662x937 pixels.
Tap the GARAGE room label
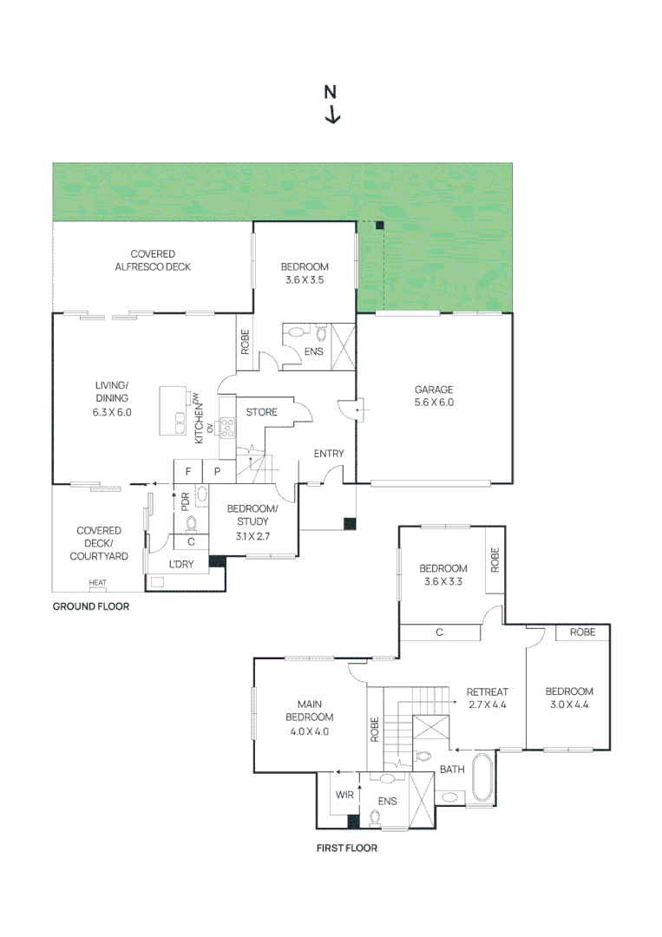point(434,390)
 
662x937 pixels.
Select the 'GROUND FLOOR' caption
point(91,606)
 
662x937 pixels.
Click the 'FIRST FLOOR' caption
point(346,848)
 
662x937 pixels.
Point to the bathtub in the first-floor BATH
point(482,776)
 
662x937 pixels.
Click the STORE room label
point(262,412)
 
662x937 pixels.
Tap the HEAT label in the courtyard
point(97,583)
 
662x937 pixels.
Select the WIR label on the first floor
point(344,796)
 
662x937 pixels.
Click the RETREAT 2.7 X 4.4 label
point(488,698)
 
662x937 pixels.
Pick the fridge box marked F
point(188,471)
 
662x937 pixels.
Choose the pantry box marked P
point(218,471)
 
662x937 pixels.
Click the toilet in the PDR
point(191,524)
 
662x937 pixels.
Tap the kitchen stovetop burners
point(227,429)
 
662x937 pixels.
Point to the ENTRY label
point(329,454)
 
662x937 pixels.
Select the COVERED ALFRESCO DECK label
point(153,260)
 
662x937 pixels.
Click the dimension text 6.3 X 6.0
point(112,412)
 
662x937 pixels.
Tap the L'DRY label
point(181,564)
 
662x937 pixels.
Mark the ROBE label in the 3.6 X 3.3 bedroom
point(495,560)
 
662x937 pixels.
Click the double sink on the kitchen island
point(180,423)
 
